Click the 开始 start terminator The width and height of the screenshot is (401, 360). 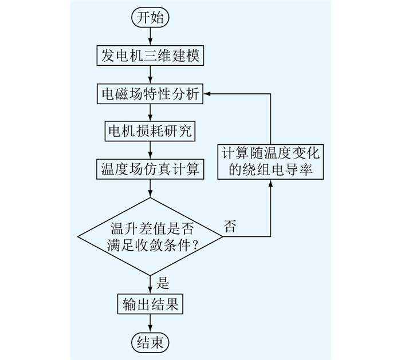coord(150,18)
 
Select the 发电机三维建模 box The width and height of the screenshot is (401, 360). coord(150,56)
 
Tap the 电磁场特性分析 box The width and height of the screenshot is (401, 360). coord(150,94)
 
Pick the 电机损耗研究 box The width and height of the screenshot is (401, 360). coord(150,131)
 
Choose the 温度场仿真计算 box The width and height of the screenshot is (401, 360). coord(150,169)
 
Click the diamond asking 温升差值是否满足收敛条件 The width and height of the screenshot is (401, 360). coord(150,236)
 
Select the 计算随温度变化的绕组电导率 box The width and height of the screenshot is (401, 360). coord(270,162)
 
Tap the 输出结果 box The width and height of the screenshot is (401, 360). coord(150,304)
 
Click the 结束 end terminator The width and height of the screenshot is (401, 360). coord(150,342)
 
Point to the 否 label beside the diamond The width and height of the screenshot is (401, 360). coord(230,226)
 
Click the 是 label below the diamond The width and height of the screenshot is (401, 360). coord(163,283)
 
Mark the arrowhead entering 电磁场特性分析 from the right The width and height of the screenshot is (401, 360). coord(207,94)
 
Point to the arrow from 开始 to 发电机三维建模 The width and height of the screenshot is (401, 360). coord(150,36)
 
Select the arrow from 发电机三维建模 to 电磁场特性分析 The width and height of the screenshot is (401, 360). coord(150,74)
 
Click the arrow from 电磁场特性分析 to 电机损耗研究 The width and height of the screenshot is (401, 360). coord(150,113)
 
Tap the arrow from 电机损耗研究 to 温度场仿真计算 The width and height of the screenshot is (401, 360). coord(150,150)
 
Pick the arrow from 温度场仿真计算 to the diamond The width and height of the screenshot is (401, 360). coord(150,188)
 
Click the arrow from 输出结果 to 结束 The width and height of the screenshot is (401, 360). coord(150,323)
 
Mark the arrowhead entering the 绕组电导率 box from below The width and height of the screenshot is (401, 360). coord(270,183)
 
